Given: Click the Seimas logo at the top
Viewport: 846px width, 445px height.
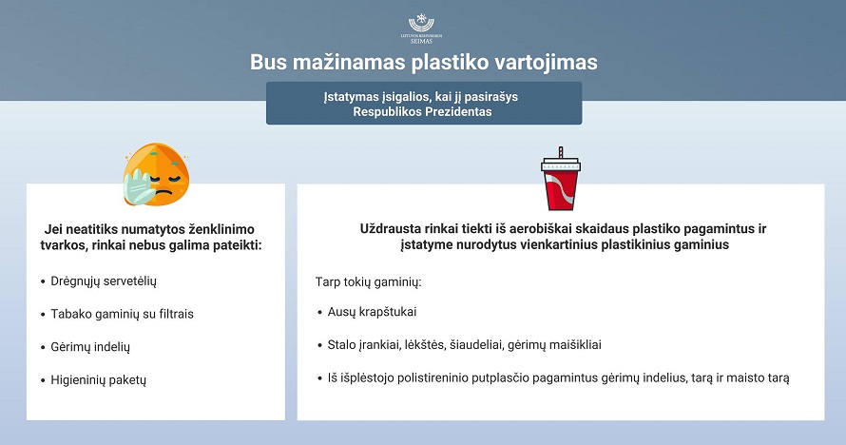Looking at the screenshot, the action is pyautogui.click(x=421, y=29).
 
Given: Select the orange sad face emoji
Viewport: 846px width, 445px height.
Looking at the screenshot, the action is pyautogui.click(x=156, y=174).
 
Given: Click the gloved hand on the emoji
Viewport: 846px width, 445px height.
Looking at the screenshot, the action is pyautogui.click(x=139, y=186).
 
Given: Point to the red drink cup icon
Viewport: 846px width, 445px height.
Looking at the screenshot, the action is pyautogui.click(x=561, y=179).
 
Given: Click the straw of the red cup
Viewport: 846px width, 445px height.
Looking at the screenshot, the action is pyautogui.click(x=561, y=152).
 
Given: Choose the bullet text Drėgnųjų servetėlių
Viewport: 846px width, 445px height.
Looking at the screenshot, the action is pyautogui.click(x=104, y=281).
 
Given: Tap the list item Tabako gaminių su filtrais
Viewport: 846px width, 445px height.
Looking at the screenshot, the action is pyautogui.click(x=122, y=314).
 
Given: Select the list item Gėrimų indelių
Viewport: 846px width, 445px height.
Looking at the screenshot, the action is pyautogui.click(x=90, y=347).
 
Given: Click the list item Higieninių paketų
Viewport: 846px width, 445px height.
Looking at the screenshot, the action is pyautogui.click(x=98, y=379).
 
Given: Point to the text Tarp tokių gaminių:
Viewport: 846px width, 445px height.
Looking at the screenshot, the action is pyautogui.click(x=368, y=282).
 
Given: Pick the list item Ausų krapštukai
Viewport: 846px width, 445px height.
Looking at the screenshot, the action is pyautogui.click(x=372, y=312).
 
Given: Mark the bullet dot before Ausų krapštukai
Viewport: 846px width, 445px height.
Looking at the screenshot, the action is pyautogui.click(x=320, y=312).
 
